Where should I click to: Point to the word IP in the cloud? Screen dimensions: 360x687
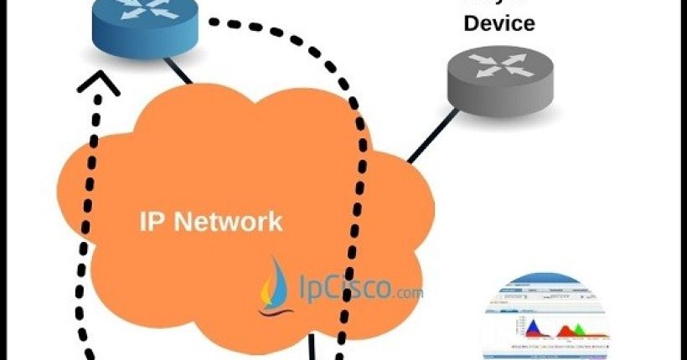(x=152, y=222)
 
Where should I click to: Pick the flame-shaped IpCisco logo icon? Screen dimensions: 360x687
(x=273, y=285)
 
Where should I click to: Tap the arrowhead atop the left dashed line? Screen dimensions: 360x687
(x=100, y=81)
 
